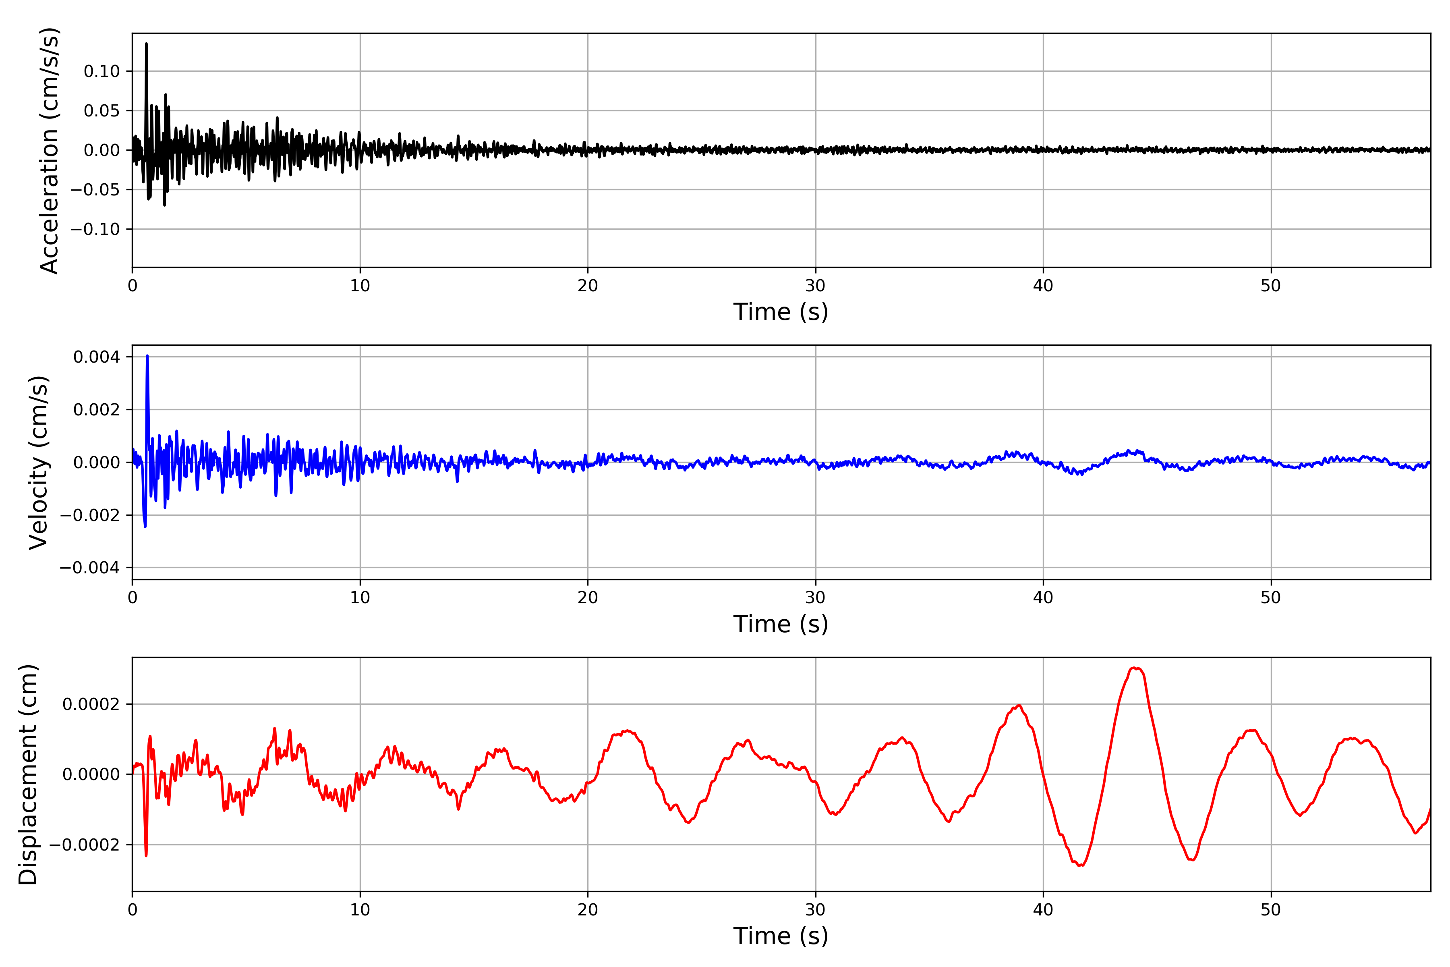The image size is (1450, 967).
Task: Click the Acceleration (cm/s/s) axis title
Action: click(49, 150)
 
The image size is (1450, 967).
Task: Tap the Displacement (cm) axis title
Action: click(28, 774)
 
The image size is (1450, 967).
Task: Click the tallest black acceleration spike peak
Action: click(146, 44)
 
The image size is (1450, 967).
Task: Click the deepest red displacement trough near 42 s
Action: click(1080, 865)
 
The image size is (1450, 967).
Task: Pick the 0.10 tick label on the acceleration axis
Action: click(102, 72)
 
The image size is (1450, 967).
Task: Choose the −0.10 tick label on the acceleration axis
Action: click(95, 229)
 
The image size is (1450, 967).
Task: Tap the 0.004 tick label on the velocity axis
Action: click(96, 357)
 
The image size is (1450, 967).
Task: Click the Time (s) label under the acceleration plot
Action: click(781, 312)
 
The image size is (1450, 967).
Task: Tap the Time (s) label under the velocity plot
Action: click(781, 624)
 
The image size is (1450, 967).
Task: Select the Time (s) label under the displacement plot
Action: click(781, 936)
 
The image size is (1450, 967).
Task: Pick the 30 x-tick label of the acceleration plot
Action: click(815, 286)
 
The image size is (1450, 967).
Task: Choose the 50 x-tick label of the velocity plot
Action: click(1271, 598)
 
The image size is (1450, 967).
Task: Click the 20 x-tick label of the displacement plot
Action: click(588, 910)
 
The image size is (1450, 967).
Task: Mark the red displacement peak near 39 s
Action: click(1019, 706)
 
